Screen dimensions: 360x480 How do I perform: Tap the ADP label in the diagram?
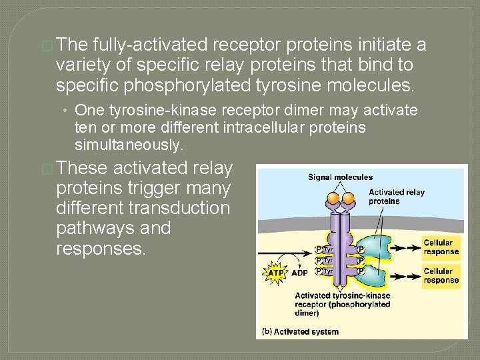[299, 273]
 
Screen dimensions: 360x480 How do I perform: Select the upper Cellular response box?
[441, 247]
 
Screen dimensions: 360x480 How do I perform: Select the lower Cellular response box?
[441, 275]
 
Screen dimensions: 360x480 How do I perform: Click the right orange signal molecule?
[349, 198]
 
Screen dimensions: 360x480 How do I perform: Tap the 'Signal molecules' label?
[340, 177]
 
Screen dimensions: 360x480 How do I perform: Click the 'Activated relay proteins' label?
[396, 197]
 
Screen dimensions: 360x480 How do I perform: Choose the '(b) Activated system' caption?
[300, 331]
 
